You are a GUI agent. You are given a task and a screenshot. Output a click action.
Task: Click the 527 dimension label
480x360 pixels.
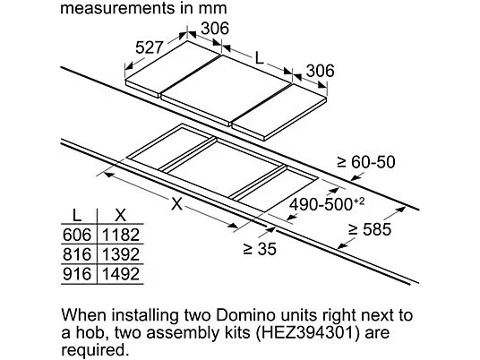tap(149, 47)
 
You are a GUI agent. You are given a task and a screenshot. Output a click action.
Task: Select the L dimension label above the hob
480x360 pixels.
tap(260, 58)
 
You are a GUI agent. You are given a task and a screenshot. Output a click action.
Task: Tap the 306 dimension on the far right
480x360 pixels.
tap(321, 71)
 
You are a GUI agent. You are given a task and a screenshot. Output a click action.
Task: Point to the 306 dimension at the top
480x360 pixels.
tap(215, 29)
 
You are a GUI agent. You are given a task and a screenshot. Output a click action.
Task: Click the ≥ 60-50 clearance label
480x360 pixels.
tap(366, 162)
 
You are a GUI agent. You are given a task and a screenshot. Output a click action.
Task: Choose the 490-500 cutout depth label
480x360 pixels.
tap(327, 204)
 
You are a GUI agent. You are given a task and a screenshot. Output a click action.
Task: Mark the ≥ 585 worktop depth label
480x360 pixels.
tap(370, 229)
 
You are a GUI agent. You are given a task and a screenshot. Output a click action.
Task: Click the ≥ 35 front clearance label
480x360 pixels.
tap(260, 249)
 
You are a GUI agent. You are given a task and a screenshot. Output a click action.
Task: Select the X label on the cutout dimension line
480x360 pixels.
tap(177, 203)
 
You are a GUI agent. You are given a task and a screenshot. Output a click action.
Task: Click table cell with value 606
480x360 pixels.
tap(77, 235)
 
